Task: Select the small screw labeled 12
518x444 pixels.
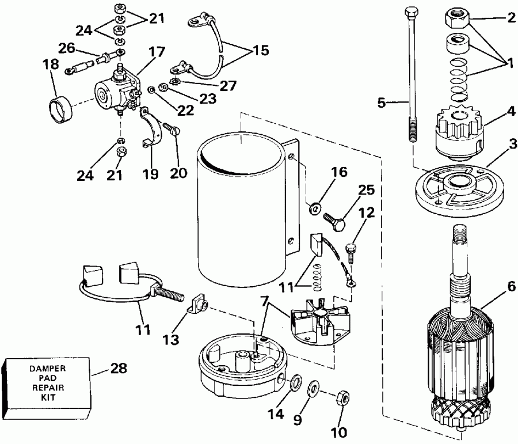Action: coord(351,251)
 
